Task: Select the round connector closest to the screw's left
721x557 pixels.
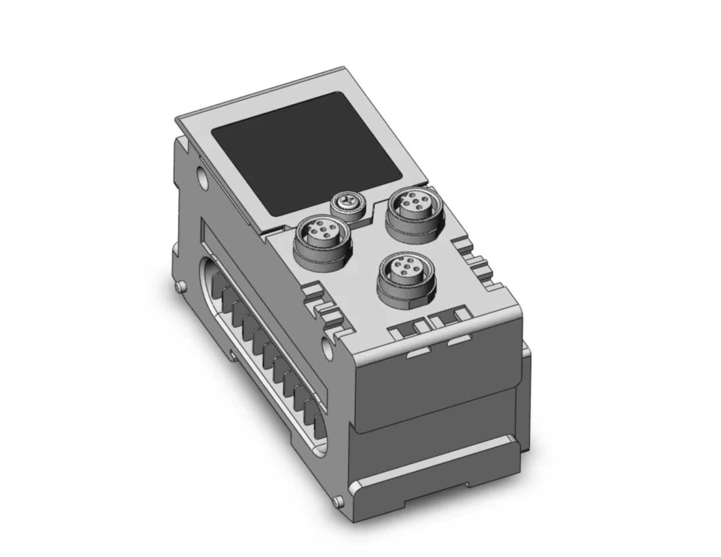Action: pyautogui.click(x=319, y=241)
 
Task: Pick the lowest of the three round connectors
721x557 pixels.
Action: pyautogui.click(x=405, y=277)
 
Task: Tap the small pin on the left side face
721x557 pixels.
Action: pyautogui.click(x=179, y=287)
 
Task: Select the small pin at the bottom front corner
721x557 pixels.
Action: pyautogui.click(x=338, y=500)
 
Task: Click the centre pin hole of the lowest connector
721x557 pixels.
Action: pyautogui.click(x=404, y=270)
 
